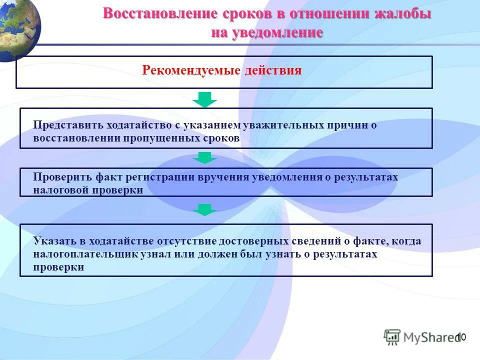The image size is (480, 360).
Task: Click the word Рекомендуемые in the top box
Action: point(191,70)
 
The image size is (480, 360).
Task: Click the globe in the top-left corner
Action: point(17,27)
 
